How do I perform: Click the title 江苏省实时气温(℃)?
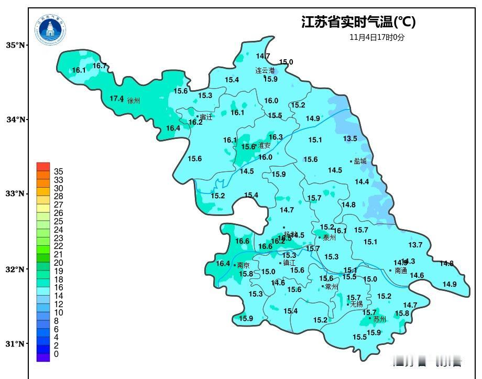358,22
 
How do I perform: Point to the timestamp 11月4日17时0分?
377,37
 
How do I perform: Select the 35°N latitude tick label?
16,45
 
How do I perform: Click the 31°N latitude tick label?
16,344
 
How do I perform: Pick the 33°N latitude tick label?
16,193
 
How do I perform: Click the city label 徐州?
134,101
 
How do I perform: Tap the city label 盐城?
360,161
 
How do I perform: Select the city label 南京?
244,265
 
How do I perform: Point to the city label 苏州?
380,319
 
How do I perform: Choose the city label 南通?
401,271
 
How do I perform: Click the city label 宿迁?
206,117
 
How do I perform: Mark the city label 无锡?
357,304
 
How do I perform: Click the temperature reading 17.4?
116,99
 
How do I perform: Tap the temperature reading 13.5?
350,138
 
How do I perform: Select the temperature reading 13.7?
415,245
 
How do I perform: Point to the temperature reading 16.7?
100,66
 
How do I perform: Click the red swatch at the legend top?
43,166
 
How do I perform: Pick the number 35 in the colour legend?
59,171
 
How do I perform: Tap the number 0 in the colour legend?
56,354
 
